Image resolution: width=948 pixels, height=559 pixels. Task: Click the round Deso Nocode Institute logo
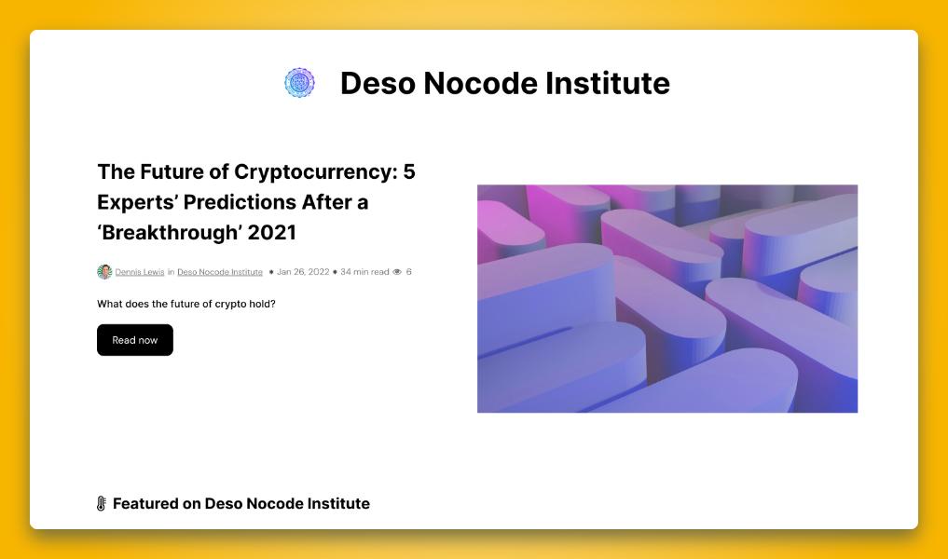[x=299, y=83]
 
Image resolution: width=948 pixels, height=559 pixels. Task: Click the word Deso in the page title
[x=378, y=84]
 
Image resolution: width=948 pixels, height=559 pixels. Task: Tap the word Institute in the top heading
[x=608, y=84]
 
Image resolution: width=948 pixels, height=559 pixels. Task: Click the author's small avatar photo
[x=104, y=272]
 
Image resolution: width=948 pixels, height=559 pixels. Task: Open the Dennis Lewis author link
[x=140, y=272]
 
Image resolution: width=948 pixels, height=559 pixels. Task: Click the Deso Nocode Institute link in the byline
[x=220, y=272]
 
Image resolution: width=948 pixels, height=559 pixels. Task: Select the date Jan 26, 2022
[x=303, y=272]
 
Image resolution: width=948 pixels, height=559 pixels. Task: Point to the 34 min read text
[x=364, y=272]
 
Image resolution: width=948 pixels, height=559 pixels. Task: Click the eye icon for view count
[x=397, y=272]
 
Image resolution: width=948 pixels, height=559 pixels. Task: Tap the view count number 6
[x=408, y=272]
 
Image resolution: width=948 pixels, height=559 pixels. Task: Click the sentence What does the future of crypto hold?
[x=186, y=304]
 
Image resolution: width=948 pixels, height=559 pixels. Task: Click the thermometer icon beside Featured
[x=102, y=503]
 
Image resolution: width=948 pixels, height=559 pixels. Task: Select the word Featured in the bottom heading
[x=145, y=503]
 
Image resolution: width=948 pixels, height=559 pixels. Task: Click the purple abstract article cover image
[x=667, y=298]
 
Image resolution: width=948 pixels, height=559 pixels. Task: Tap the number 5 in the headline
[x=409, y=172]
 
